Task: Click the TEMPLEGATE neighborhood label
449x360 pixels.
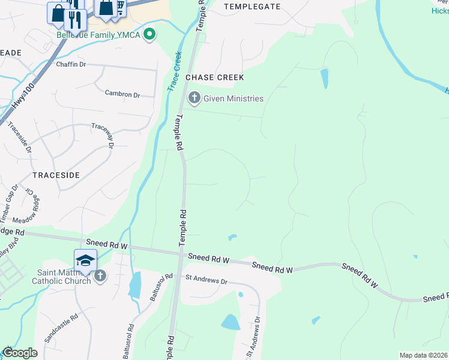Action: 252,7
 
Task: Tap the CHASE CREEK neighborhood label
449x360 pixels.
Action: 215,77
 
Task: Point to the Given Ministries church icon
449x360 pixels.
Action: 194,98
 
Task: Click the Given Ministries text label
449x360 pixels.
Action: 234,98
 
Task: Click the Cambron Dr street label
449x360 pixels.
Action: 122,94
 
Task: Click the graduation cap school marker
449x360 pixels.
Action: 85,261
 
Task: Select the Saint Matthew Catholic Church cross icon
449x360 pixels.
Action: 100,275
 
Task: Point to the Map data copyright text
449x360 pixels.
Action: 423,355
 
